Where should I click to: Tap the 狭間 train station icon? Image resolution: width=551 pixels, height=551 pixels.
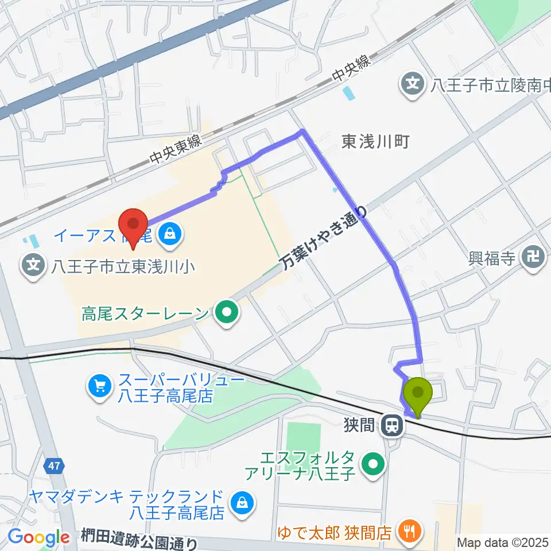(x=393, y=425)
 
